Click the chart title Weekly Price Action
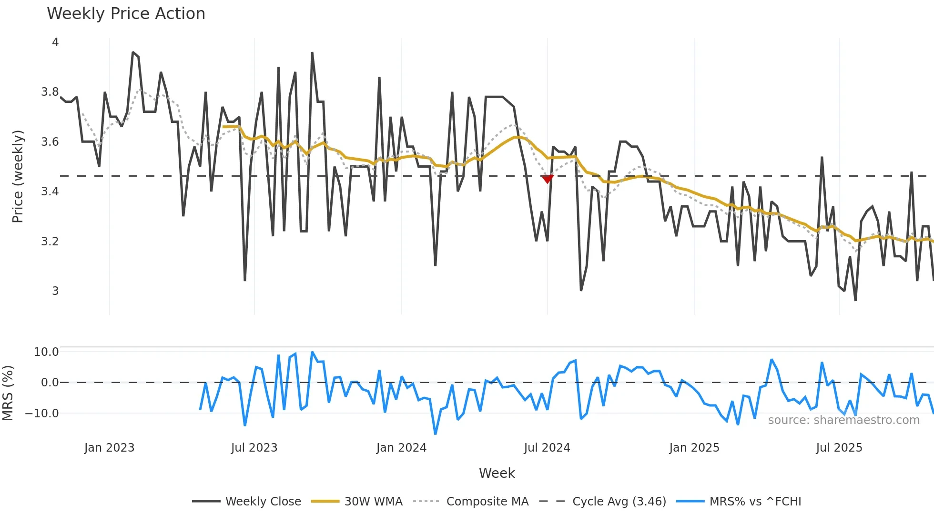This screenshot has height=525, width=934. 126,14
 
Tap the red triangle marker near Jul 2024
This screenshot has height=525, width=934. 548,179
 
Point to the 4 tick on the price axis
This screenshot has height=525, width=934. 55,42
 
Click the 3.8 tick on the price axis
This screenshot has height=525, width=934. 50,92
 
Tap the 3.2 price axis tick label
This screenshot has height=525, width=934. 50,241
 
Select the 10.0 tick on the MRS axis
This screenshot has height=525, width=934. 46,352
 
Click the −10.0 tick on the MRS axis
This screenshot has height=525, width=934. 42,414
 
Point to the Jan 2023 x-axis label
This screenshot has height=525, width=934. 109,448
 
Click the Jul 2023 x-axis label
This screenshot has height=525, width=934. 254,448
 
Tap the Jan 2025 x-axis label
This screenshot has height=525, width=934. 694,448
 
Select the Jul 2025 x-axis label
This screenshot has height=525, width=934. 839,448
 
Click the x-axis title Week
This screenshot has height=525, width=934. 497,473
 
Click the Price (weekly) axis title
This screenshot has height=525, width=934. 18,176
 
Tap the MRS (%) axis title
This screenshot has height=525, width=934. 8,393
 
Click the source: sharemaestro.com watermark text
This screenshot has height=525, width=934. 843,420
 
